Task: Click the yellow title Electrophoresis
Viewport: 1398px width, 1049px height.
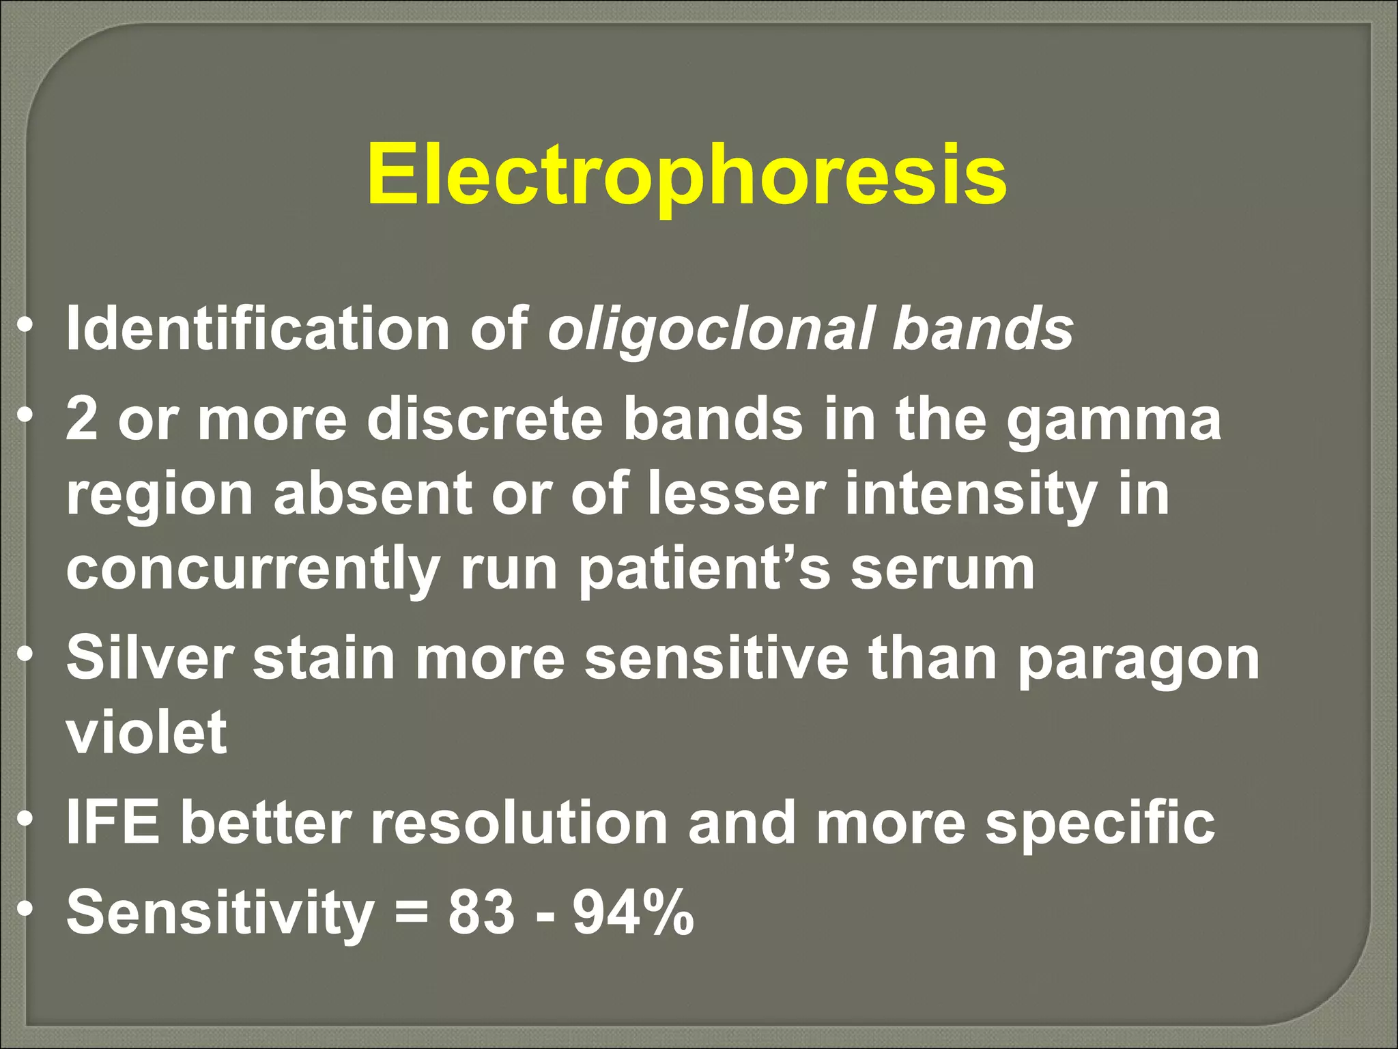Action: coord(686,174)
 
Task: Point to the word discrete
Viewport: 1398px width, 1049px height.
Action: coord(485,419)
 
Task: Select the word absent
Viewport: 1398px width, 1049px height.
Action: coord(373,494)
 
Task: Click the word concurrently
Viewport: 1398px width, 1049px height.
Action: coord(253,570)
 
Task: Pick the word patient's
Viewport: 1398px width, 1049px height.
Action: coord(704,570)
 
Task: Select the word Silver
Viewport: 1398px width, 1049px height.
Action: coord(149,657)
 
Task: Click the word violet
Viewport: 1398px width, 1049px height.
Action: coord(146,731)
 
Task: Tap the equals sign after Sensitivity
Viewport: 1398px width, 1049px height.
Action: coord(411,913)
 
